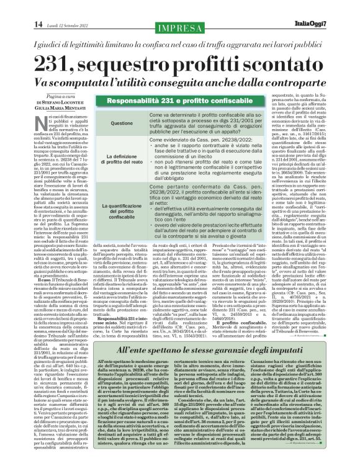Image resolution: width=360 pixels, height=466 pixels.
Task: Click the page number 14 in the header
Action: (12, 7)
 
